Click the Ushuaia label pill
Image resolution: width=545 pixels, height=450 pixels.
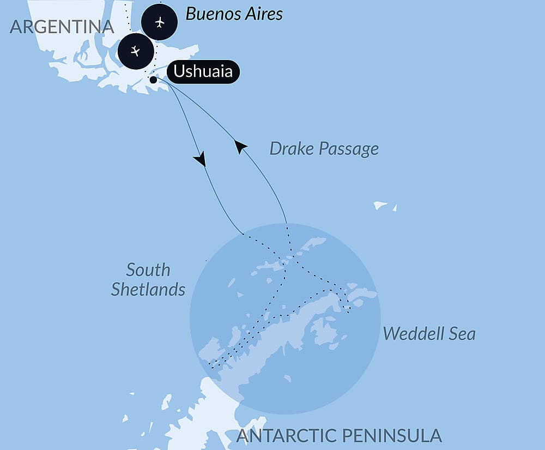tap(203, 72)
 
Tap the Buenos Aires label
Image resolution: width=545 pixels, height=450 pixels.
tap(234, 14)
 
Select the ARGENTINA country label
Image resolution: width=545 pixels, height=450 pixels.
tap(62, 26)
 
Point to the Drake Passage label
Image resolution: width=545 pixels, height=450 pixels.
tap(324, 148)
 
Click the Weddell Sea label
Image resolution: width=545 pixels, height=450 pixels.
tap(429, 334)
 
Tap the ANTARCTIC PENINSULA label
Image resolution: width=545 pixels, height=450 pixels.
tap(339, 435)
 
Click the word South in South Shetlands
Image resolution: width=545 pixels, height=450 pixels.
tap(148, 270)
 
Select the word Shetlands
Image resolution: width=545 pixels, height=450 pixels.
tap(148, 290)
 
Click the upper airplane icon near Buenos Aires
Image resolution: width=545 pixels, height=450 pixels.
tap(159, 22)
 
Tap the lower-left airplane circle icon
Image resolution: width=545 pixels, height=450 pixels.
tap(136, 51)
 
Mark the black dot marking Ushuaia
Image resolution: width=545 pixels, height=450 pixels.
tap(153, 80)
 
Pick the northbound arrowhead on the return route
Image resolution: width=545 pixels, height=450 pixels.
tap(240, 146)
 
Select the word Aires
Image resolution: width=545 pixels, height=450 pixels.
tap(264, 14)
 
